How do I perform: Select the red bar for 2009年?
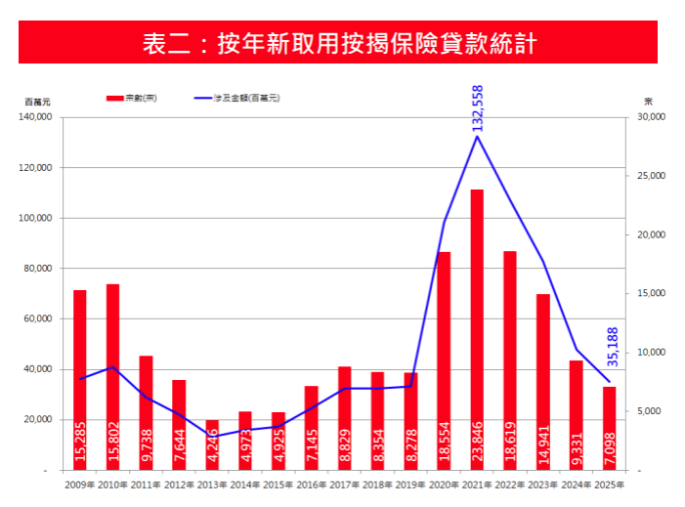point(80,380)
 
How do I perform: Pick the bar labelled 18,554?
point(444,360)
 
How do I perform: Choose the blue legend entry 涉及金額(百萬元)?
point(236,98)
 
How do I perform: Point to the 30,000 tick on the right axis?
point(650,117)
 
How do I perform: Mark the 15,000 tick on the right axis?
point(650,293)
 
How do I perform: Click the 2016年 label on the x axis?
point(312,484)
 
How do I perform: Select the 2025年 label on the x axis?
point(609,484)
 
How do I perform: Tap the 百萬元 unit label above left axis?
point(37,102)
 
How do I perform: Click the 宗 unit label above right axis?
point(648,102)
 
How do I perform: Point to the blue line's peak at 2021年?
point(477,136)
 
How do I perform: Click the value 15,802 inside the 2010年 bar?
point(113,441)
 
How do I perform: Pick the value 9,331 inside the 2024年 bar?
point(577,445)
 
